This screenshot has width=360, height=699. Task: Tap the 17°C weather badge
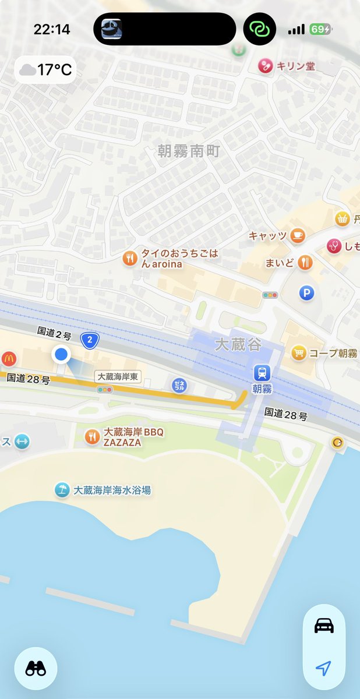click(45, 70)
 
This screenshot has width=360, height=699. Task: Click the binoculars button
click(36, 669)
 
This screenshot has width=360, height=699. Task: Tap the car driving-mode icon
click(324, 626)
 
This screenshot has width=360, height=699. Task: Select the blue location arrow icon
click(324, 668)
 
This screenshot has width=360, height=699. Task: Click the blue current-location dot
click(61, 354)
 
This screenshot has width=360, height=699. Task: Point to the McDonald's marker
click(9, 358)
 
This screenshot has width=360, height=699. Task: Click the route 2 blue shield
click(89, 340)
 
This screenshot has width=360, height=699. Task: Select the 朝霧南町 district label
click(189, 151)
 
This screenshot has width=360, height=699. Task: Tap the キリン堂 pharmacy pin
click(266, 66)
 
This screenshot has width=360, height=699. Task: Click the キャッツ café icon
click(297, 235)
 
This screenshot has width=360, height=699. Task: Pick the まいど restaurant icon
click(305, 262)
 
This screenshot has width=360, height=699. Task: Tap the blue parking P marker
click(306, 293)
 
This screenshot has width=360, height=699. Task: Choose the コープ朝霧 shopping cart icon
click(299, 352)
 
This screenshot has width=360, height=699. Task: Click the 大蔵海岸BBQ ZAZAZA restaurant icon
click(92, 436)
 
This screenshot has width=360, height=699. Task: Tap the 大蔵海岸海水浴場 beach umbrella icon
click(61, 490)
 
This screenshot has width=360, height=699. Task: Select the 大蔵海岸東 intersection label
click(118, 377)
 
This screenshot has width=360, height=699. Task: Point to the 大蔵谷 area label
click(238, 344)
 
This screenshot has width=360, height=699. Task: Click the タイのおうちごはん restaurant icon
click(130, 257)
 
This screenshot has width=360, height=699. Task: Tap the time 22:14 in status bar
click(52, 30)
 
